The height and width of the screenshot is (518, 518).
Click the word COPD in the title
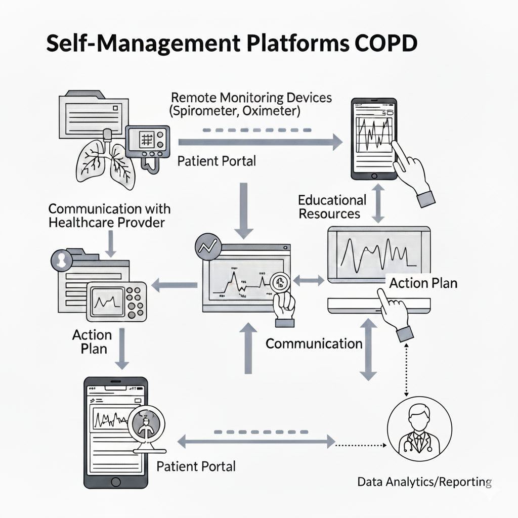384,45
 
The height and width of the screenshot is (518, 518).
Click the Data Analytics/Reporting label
424,481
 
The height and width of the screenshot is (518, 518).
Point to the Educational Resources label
332,206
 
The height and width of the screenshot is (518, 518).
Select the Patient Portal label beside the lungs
217,161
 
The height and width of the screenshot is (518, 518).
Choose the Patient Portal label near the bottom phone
196,466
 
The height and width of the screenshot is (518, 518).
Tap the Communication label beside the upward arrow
314,344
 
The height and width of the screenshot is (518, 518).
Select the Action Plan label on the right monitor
423,283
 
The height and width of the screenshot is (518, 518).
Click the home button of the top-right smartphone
374,176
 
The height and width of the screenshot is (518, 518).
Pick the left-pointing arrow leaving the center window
175,285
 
